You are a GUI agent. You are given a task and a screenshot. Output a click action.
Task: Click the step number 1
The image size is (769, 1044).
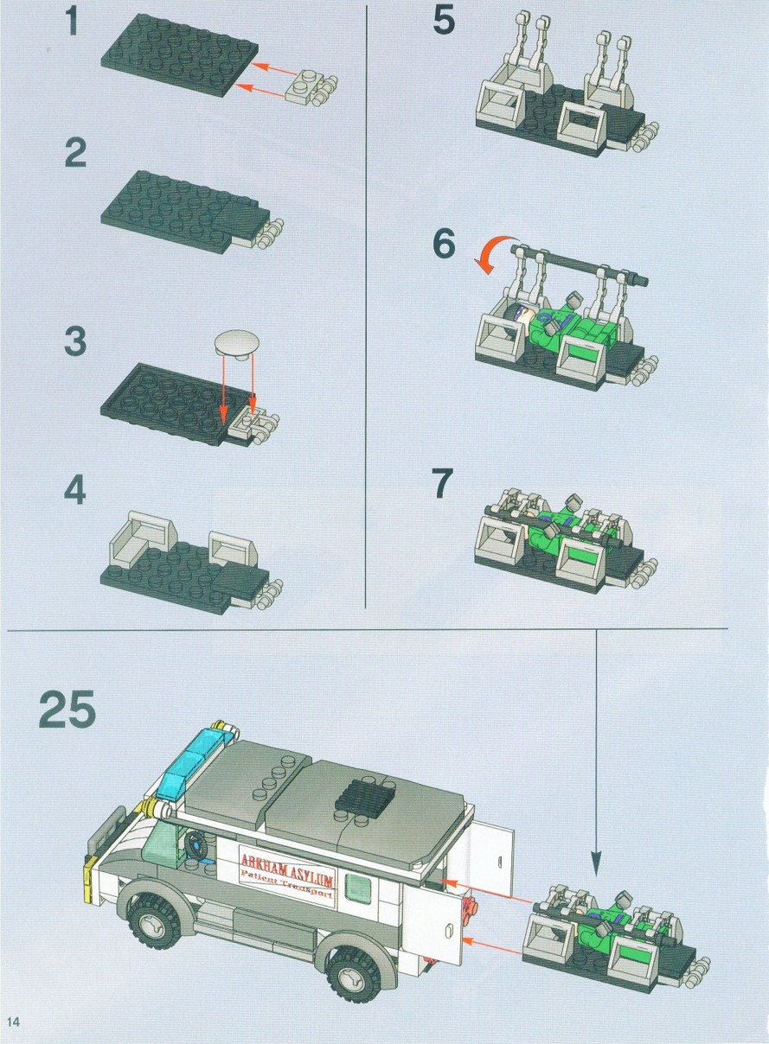[72, 22]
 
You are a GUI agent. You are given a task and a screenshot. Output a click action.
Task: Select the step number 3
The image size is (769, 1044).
[75, 341]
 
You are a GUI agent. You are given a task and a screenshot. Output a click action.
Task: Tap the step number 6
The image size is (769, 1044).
[444, 244]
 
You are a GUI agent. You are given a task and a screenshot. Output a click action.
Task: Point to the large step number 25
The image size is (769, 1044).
[67, 709]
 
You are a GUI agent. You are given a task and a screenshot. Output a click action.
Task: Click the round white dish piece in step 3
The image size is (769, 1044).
[236, 342]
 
